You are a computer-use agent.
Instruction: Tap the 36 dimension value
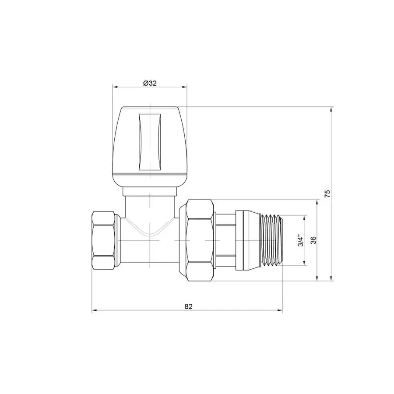(x=313, y=240)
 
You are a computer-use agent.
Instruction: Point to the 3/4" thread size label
(x=300, y=240)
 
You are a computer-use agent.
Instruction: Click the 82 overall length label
(x=188, y=306)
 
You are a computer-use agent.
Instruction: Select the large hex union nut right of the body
(x=200, y=240)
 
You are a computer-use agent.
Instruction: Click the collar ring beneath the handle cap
(x=150, y=191)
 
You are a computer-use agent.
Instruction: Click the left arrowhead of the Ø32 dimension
(x=115, y=87)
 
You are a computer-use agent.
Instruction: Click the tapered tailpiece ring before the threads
(x=247, y=240)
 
